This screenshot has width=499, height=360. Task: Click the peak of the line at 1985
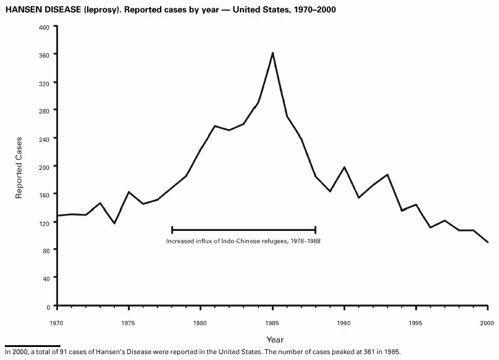pyautogui.click(x=273, y=53)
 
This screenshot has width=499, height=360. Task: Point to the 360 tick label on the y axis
pyautogui.click(x=43, y=55)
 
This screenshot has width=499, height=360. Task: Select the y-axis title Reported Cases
pyautogui.click(x=19, y=168)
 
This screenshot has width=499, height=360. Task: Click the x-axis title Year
pyautogui.click(x=274, y=340)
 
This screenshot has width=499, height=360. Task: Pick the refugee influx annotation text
pyautogui.click(x=243, y=241)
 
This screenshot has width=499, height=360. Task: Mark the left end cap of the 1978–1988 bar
pyautogui.click(x=172, y=230)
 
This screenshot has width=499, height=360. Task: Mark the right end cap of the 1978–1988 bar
pyautogui.click(x=315, y=230)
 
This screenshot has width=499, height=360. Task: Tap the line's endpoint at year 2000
pyautogui.click(x=488, y=242)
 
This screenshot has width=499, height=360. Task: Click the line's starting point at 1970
pyautogui.click(x=57, y=216)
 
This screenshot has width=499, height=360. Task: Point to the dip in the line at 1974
pyautogui.click(x=114, y=223)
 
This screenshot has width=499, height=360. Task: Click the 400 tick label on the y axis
pyautogui.click(x=43, y=27)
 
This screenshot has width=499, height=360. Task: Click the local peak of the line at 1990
pyautogui.click(x=344, y=167)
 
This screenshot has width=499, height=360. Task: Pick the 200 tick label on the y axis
pyautogui.click(x=43, y=167)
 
